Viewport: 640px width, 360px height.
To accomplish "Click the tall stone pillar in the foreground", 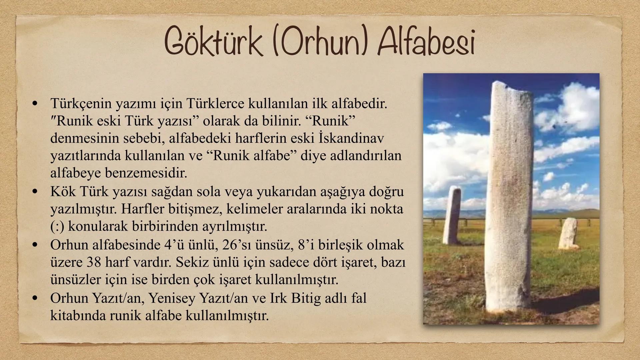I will pos(508,200).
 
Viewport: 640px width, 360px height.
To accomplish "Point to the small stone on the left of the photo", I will pos(452,215).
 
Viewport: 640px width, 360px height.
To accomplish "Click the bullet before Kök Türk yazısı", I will pos(34,192).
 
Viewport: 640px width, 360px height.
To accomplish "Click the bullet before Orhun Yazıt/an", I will pos(34,298).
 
